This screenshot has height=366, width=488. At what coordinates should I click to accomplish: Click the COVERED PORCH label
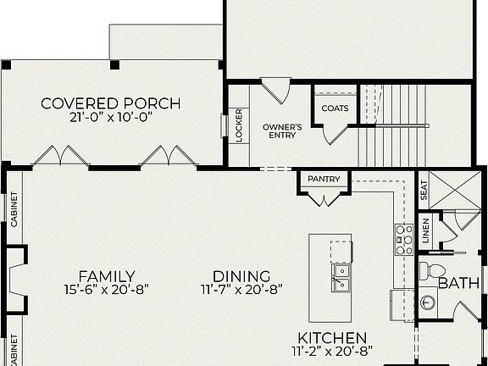(111, 104)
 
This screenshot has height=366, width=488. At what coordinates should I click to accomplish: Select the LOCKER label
(238, 125)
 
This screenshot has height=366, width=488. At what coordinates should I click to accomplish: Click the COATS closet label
(335, 108)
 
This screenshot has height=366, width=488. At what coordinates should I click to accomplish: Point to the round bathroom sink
(429, 301)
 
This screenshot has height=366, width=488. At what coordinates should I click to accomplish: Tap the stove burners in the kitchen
(403, 240)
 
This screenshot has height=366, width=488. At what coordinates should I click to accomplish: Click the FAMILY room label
(107, 276)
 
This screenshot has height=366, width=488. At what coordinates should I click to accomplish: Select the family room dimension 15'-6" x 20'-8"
(107, 290)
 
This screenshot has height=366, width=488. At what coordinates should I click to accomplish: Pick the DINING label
(241, 276)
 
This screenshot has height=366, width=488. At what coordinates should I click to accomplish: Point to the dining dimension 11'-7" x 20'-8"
(241, 290)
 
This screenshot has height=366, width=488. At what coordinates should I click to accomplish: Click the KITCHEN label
(331, 337)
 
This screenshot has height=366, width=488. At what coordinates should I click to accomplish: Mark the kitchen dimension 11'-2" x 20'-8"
(331, 351)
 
